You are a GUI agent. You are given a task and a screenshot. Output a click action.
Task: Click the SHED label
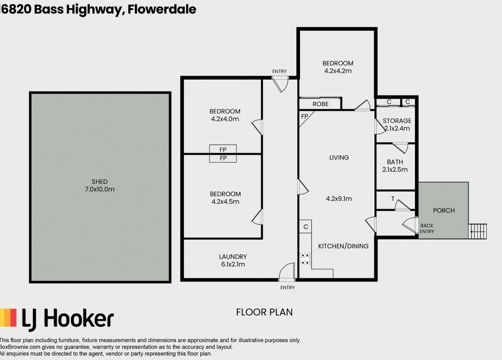tap(100, 182)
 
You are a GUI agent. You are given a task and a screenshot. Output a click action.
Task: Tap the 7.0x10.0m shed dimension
tap(100, 189)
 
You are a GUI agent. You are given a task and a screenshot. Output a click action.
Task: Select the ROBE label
tap(320, 104)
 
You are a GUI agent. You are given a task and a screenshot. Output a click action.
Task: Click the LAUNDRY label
tap(233, 257)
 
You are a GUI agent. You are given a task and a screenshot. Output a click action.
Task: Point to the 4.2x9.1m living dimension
tap(339, 199)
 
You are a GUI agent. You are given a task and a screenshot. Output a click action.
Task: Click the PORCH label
tap(444, 210)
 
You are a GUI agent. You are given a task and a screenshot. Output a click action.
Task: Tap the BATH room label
tap(395, 162)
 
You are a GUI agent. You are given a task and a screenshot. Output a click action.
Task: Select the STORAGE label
tap(397, 121)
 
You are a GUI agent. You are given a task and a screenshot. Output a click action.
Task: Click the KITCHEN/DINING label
tap(343, 246)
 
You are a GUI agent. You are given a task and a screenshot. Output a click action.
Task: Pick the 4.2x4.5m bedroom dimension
tap(226, 202)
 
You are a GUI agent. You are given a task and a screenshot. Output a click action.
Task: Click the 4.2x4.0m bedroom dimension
tap(225, 119)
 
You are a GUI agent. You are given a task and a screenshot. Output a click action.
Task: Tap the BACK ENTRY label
tap(427, 229)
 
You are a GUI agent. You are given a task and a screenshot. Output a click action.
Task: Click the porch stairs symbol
tap(477, 231)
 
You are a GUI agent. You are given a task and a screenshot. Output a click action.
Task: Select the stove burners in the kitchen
tap(305, 259)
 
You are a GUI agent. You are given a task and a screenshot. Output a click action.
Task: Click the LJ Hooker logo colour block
tap(8, 318)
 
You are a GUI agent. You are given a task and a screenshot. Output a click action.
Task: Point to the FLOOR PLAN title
tap(264, 312)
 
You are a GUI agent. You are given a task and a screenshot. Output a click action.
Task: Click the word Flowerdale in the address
tap(162, 9)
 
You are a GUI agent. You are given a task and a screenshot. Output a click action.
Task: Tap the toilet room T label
tap(393, 199)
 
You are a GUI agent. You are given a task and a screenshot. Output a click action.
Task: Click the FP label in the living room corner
tap(304, 117)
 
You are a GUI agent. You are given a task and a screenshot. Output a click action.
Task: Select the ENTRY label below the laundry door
tap(287, 288)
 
